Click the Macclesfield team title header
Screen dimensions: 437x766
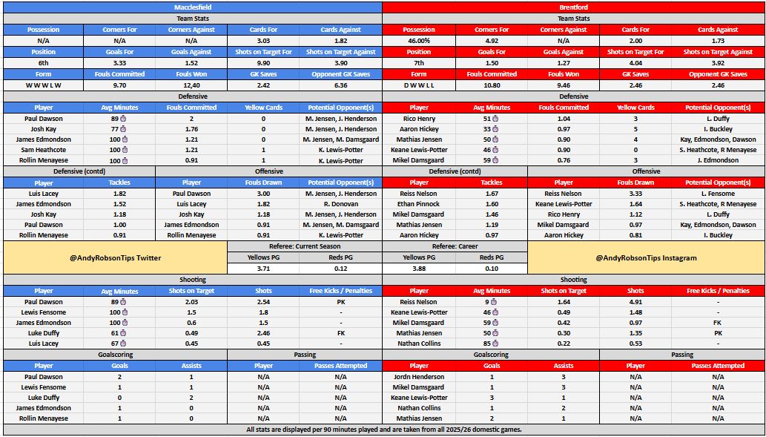192,7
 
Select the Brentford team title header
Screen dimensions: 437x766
573,7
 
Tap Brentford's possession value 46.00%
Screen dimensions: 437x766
418,41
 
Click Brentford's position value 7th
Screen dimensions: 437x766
418,63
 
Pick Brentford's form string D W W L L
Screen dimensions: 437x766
418,85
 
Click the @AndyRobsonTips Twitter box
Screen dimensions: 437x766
114,257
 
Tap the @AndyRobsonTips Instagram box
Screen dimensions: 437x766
646,257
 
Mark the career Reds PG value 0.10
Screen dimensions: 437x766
491,268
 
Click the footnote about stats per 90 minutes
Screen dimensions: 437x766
383,430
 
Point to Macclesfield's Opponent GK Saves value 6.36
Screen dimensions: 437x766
340,85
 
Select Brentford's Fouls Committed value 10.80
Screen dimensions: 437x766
490,85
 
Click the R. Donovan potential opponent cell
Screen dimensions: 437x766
340,204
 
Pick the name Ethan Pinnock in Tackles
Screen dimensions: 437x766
418,204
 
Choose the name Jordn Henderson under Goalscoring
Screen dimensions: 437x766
418,377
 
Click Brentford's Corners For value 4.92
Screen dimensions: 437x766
491,41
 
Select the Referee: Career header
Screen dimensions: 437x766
454,246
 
